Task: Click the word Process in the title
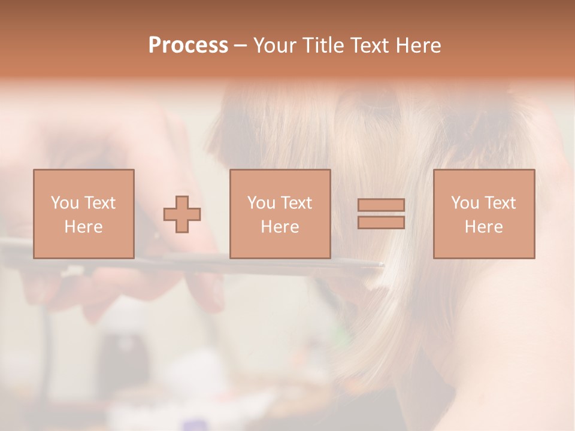coord(188,45)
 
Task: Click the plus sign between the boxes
coord(182,214)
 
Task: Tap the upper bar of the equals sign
coord(381,205)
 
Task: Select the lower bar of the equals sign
coord(381,223)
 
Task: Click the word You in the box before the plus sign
coord(65,203)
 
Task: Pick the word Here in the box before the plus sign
coord(83,227)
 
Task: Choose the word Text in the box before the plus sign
coord(99,203)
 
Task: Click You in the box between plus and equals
coord(261,203)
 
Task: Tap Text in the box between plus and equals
coord(296,203)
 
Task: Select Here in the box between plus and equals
coord(280,227)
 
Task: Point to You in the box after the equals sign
coord(465,203)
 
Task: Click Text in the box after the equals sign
coord(500,203)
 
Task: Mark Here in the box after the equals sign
coord(483,227)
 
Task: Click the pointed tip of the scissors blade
coord(382,264)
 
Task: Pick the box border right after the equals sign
coord(434,214)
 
